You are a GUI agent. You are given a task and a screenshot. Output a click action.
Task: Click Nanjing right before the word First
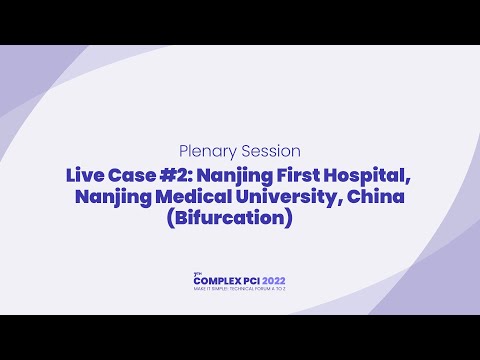241,175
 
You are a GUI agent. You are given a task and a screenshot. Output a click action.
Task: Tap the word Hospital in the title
368,175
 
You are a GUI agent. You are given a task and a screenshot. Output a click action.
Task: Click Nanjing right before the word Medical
109,197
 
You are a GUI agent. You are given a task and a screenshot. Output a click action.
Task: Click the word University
275,197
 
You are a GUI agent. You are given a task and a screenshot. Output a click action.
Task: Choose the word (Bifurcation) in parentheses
239,218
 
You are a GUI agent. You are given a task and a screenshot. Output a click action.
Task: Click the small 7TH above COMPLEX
196,274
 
